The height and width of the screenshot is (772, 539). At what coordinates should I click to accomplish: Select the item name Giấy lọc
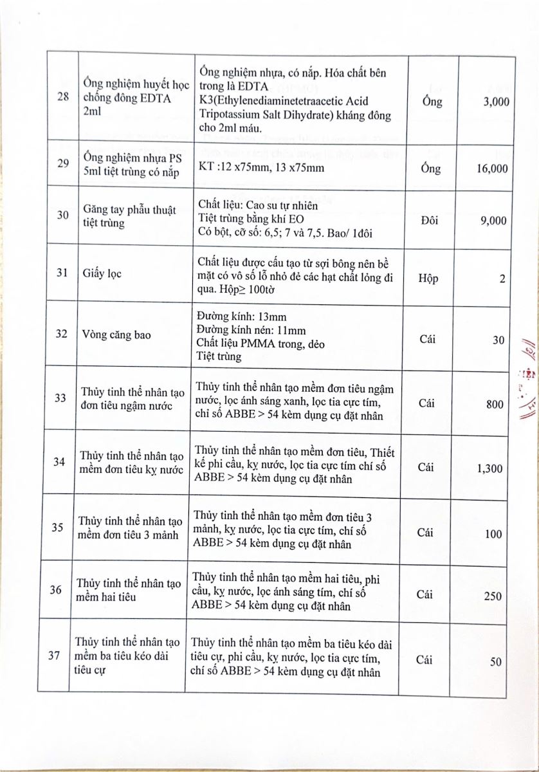pyautogui.click(x=102, y=273)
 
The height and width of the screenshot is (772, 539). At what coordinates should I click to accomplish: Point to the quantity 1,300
pyautogui.click(x=490, y=468)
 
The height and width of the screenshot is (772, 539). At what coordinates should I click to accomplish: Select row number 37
pyautogui.click(x=55, y=656)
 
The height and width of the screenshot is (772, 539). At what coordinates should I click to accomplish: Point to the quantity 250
pyautogui.click(x=493, y=596)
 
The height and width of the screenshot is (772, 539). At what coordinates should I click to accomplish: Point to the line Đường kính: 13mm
pyautogui.click(x=240, y=317)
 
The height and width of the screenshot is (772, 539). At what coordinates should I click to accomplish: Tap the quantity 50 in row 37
pyautogui.click(x=496, y=661)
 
